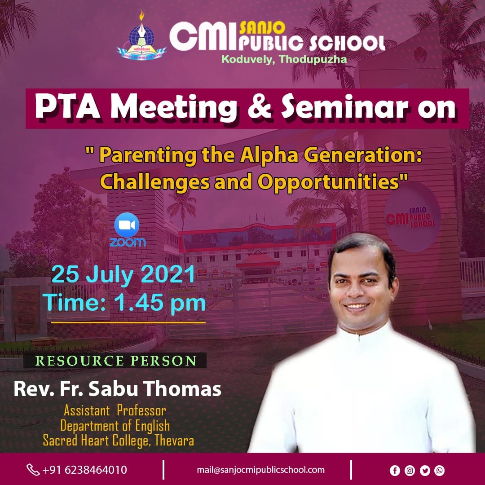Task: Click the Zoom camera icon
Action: (127, 225)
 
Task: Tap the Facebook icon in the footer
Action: (395, 471)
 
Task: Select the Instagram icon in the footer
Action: (410, 471)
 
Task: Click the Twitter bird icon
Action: (425, 471)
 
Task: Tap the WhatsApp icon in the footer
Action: (440, 471)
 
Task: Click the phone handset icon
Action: (33, 470)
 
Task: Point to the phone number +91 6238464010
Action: (84, 470)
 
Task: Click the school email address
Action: (261, 470)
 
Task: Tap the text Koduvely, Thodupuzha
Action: (284, 59)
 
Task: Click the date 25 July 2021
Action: (123, 274)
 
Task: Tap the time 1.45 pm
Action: (160, 303)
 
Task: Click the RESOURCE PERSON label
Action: (116, 361)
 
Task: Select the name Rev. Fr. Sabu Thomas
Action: (118, 389)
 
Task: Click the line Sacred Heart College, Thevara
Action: (119, 441)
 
